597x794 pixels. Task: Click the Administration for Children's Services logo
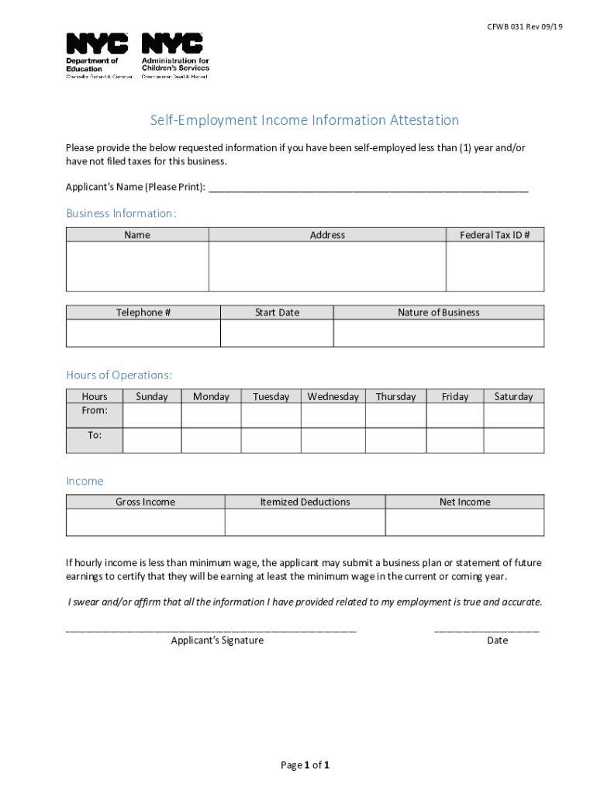point(174,55)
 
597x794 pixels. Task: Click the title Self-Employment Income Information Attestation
point(305,120)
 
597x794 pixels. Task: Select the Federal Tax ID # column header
point(495,235)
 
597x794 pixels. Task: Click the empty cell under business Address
point(327,267)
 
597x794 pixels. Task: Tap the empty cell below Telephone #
point(143,333)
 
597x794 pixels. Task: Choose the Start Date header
point(277,312)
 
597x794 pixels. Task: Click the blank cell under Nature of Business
point(439,333)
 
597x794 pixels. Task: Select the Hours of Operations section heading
point(119,375)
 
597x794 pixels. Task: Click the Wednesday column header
point(333,397)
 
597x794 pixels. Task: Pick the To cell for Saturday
point(513,440)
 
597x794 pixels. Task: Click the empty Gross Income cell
point(145,523)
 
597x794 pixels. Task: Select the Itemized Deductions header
point(305,502)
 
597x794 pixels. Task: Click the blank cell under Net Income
point(464,523)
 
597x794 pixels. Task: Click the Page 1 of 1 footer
point(305,765)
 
